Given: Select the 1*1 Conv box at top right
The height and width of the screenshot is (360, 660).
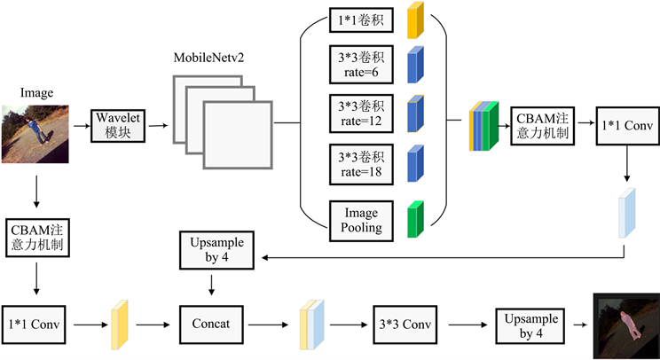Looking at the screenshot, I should pos(627,126).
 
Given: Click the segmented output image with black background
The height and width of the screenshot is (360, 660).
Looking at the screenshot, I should pos(625,324).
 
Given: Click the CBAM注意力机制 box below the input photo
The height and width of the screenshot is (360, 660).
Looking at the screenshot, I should pos(36,236).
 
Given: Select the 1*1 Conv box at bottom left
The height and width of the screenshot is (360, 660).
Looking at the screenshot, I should pos(36,324).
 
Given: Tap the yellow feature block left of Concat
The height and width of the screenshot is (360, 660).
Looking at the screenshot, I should pos(120,324).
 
